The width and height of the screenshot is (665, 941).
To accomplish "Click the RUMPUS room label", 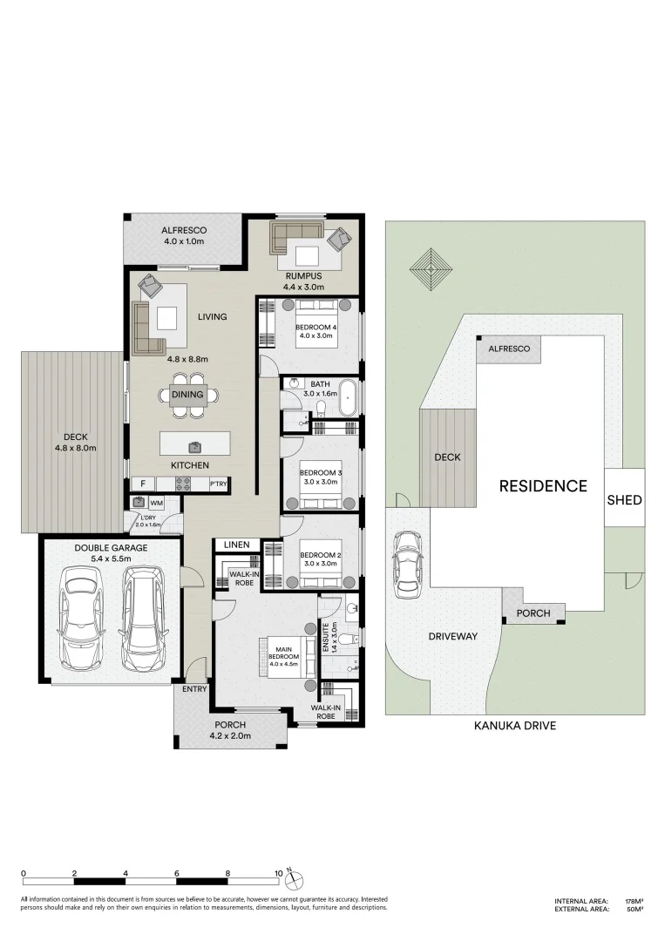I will pyautogui.click(x=302, y=276).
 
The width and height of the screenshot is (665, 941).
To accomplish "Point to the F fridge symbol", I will pyautogui.click(x=141, y=484).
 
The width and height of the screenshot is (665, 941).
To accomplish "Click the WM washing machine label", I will pyautogui.click(x=157, y=503).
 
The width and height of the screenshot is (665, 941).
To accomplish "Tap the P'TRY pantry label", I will pyautogui.click(x=218, y=484).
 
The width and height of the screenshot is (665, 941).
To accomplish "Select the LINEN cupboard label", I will pyautogui.click(x=236, y=545).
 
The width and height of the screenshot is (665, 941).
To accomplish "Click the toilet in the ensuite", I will pyautogui.click(x=346, y=640).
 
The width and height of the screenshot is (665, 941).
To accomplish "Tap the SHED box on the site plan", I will pyautogui.click(x=624, y=500).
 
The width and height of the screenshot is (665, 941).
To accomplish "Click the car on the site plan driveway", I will pyautogui.click(x=407, y=566).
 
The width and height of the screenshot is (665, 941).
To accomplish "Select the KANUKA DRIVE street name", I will pyautogui.click(x=514, y=725).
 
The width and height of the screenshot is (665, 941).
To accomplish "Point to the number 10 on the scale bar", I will pyautogui.click(x=278, y=872).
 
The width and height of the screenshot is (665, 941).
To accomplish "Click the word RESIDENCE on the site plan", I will pyautogui.click(x=542, y=486).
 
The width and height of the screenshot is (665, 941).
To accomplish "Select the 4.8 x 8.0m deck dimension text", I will pyautogui.click(x=74, y=448).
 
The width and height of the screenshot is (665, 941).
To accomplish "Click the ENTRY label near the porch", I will pyautogui.click(x=195, y=689).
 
